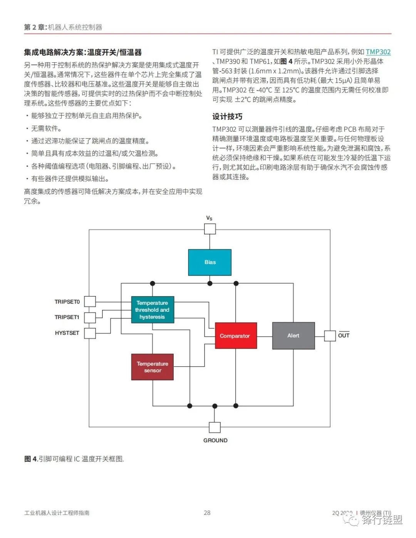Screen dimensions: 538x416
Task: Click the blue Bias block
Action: tap(210, 262)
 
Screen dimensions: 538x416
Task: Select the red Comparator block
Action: tap(235, 336)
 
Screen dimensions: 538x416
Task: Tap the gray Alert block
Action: tap(293, 336)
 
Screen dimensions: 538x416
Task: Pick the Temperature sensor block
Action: tap(153, 367)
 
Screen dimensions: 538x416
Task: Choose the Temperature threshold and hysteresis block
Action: tap(153, 309)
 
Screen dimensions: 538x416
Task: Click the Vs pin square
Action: tap(210, 229)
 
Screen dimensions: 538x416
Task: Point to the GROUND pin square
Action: tap(215, 427)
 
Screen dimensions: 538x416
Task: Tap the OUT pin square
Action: tap(330, 336)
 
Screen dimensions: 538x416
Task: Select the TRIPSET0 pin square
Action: tap(90, 301)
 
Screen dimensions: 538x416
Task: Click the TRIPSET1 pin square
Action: tap(90, 317)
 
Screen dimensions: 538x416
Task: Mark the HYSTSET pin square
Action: tap(90, 333)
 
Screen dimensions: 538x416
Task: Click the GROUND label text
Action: tap(215, 440)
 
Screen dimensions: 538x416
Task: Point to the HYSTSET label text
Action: tap(67, 333)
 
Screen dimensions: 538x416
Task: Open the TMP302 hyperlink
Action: tap(378, 52)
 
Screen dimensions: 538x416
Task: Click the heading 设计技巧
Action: tap(227, 117)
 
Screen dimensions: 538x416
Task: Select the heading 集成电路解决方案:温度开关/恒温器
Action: tap(83, 52)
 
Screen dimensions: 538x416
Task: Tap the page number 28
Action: tap(207, 513)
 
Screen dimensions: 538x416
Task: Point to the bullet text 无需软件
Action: tap(46, 129)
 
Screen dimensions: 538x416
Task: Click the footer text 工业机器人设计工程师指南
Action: tap(57, 513)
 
